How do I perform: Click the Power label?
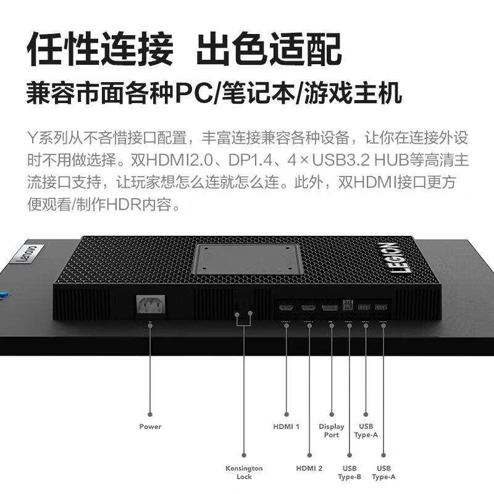(x=150, y=427)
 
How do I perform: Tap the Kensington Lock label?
(x=244, y=472)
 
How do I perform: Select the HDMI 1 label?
(x=286, y=427)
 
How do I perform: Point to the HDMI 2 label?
(x=309, y=468)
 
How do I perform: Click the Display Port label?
(x=332, y=430)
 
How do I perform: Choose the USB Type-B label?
(x=350, y=472)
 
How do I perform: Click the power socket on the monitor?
(x=151, y=304)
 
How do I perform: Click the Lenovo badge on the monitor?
(x=28, y=253)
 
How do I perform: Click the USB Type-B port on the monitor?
(x=348, y=304)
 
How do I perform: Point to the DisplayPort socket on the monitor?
(x=330, y=306)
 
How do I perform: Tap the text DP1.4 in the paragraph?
(x=250, y=161)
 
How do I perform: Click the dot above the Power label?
(x=150, y=414)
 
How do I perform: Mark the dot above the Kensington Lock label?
(x=244, y=455)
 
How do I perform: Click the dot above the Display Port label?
(x=332, y=414)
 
